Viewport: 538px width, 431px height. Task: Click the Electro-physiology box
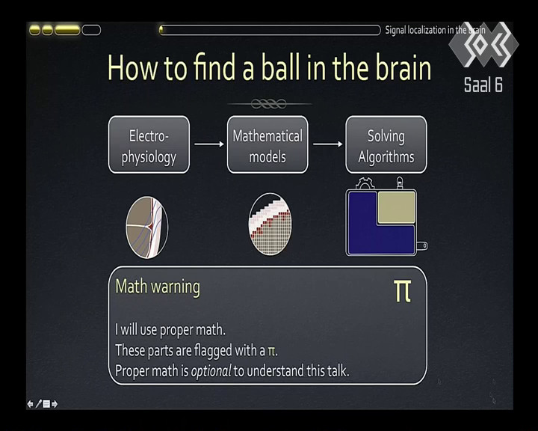[149, 144]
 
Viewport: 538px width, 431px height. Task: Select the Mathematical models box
[268, 144]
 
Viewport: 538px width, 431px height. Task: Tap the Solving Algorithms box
[386, 144]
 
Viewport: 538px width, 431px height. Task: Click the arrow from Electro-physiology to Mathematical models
[209, 144]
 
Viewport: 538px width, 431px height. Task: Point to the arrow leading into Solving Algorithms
[328, 144]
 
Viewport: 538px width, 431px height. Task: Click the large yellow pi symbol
[403, 291]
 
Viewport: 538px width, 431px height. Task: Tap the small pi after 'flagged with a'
[271, 351]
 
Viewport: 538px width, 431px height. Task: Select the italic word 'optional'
[211, 371]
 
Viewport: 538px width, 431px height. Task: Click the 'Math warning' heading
[158, 287]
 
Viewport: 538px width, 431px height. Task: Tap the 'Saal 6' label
[483, 85]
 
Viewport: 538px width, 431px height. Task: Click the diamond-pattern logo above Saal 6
[483, 44]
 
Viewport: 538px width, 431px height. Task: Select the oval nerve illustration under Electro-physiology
[147, 227]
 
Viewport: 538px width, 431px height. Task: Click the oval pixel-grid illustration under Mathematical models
[270, 224]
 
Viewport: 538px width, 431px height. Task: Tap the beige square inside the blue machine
[397, 207]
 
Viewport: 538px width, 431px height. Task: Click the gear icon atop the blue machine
[365, 183]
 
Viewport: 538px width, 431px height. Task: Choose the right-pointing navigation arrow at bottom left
[55, 404]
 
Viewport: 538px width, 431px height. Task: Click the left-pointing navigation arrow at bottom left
[30, 404]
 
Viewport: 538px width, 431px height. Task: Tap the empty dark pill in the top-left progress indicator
[91, 30]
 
